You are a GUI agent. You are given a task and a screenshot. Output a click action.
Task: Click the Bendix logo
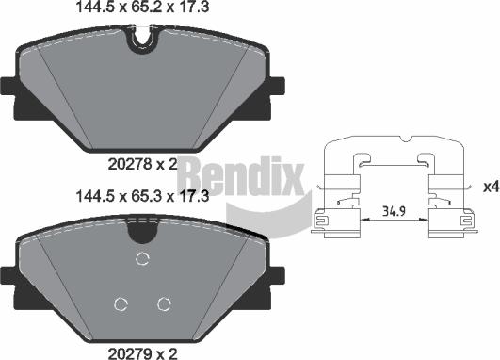click(x=239, y=176)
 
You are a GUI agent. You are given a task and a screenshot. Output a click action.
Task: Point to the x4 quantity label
click(x=489, y=187)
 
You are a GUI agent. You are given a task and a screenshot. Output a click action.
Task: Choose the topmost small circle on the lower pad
click(x=143, y=260)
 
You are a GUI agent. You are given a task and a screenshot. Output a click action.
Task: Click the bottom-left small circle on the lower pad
click(x=121, y=303)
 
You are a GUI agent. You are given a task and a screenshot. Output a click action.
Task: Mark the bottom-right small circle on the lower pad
click(x=165, y=303)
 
